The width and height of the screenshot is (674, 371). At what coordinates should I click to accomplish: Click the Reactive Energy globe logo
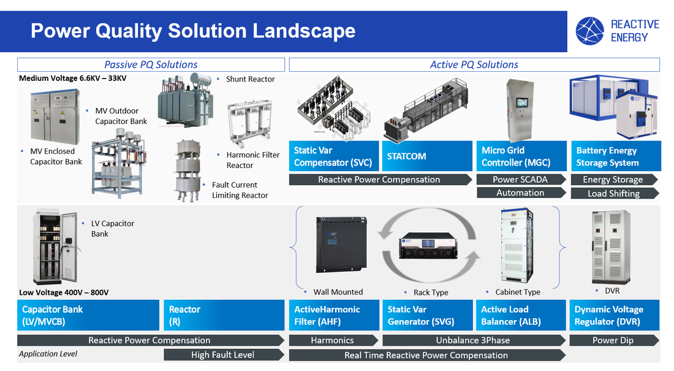coord(590,31)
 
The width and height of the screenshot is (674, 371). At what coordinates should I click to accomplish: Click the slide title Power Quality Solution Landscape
coord(193,31)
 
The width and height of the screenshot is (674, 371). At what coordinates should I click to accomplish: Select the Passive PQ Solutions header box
coord(151,64)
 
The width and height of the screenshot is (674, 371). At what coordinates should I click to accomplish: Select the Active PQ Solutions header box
coord(474,64)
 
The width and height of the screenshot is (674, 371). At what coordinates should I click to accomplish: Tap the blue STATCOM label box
coord(426,156)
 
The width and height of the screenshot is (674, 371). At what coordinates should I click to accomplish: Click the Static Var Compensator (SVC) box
coord(334,156)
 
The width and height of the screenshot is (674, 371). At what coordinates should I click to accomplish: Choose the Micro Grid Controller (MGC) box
coord(521,156)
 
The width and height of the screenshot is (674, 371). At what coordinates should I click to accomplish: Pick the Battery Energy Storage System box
coord(615,156)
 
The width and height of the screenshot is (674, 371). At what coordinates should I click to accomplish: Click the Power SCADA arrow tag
coord(520,180)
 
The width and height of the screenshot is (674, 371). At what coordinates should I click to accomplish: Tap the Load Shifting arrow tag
coord(613,193)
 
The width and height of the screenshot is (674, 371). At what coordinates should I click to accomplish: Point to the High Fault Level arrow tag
coord(224,354)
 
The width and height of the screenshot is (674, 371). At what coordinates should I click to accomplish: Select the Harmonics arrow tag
coord(333,340)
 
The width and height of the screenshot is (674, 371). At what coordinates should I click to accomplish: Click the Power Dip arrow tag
coord(613,340)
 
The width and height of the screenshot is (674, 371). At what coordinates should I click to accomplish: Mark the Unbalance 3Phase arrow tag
coord(473,340)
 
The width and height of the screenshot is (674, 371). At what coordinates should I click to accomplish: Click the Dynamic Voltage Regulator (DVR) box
coord(615,315)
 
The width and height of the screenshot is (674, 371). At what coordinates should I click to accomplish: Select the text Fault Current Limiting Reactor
coord(240,190)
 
